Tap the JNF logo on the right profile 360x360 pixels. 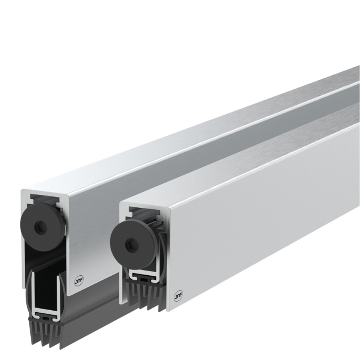(178, 294)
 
